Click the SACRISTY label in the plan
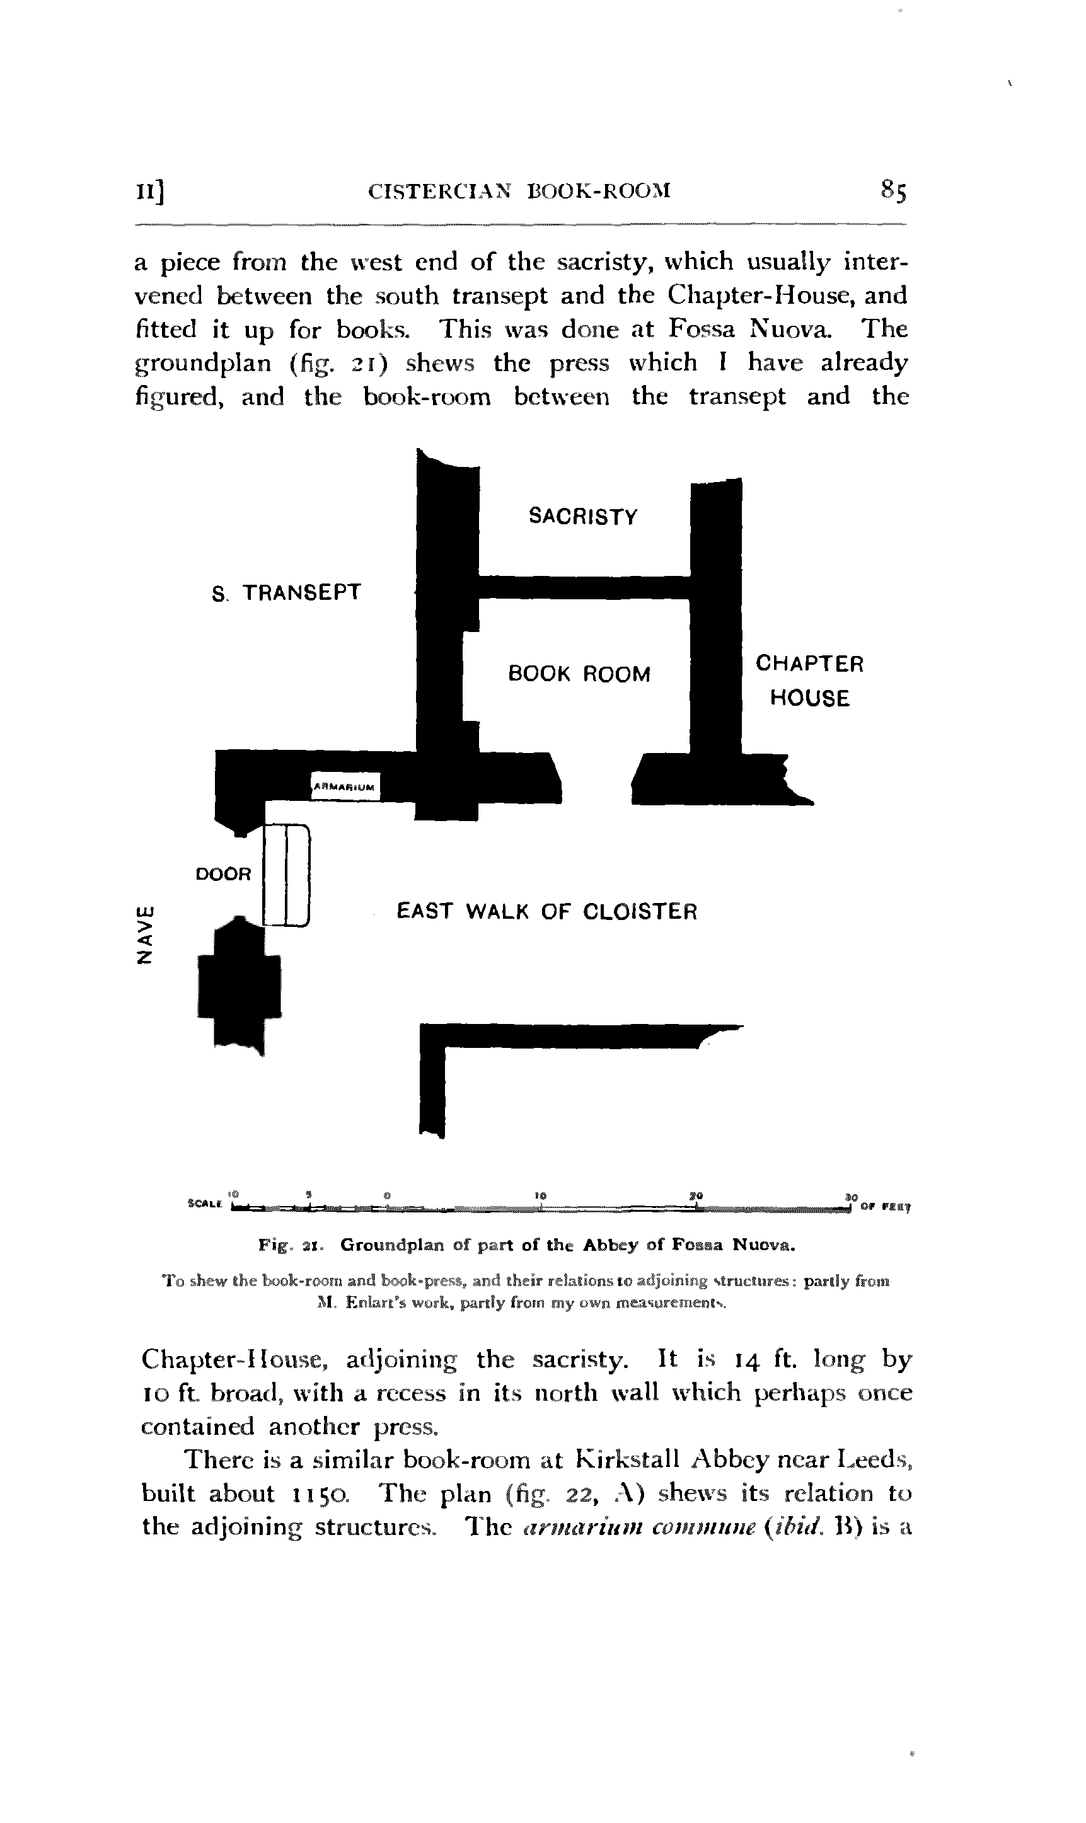coord(582,517)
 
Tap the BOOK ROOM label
coord(579,674)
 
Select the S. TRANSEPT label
coord(286,592)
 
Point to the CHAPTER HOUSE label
coord(809,681)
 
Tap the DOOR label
coord(223,874)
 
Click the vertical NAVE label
coord(146,936)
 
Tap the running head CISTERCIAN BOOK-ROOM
coord(519,192)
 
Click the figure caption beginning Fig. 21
coord(527,1245)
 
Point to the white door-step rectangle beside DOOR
coord(286,875)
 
